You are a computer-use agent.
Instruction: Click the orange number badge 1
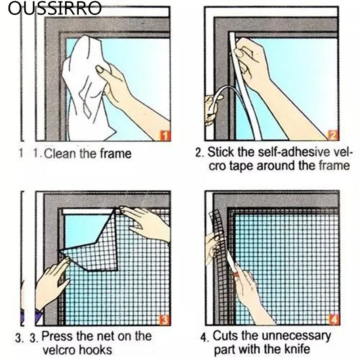click(165, 135)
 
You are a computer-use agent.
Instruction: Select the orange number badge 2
click(333, 135)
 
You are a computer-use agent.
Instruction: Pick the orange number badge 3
click(165, 320)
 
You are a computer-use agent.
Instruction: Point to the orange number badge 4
click(333, 320)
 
